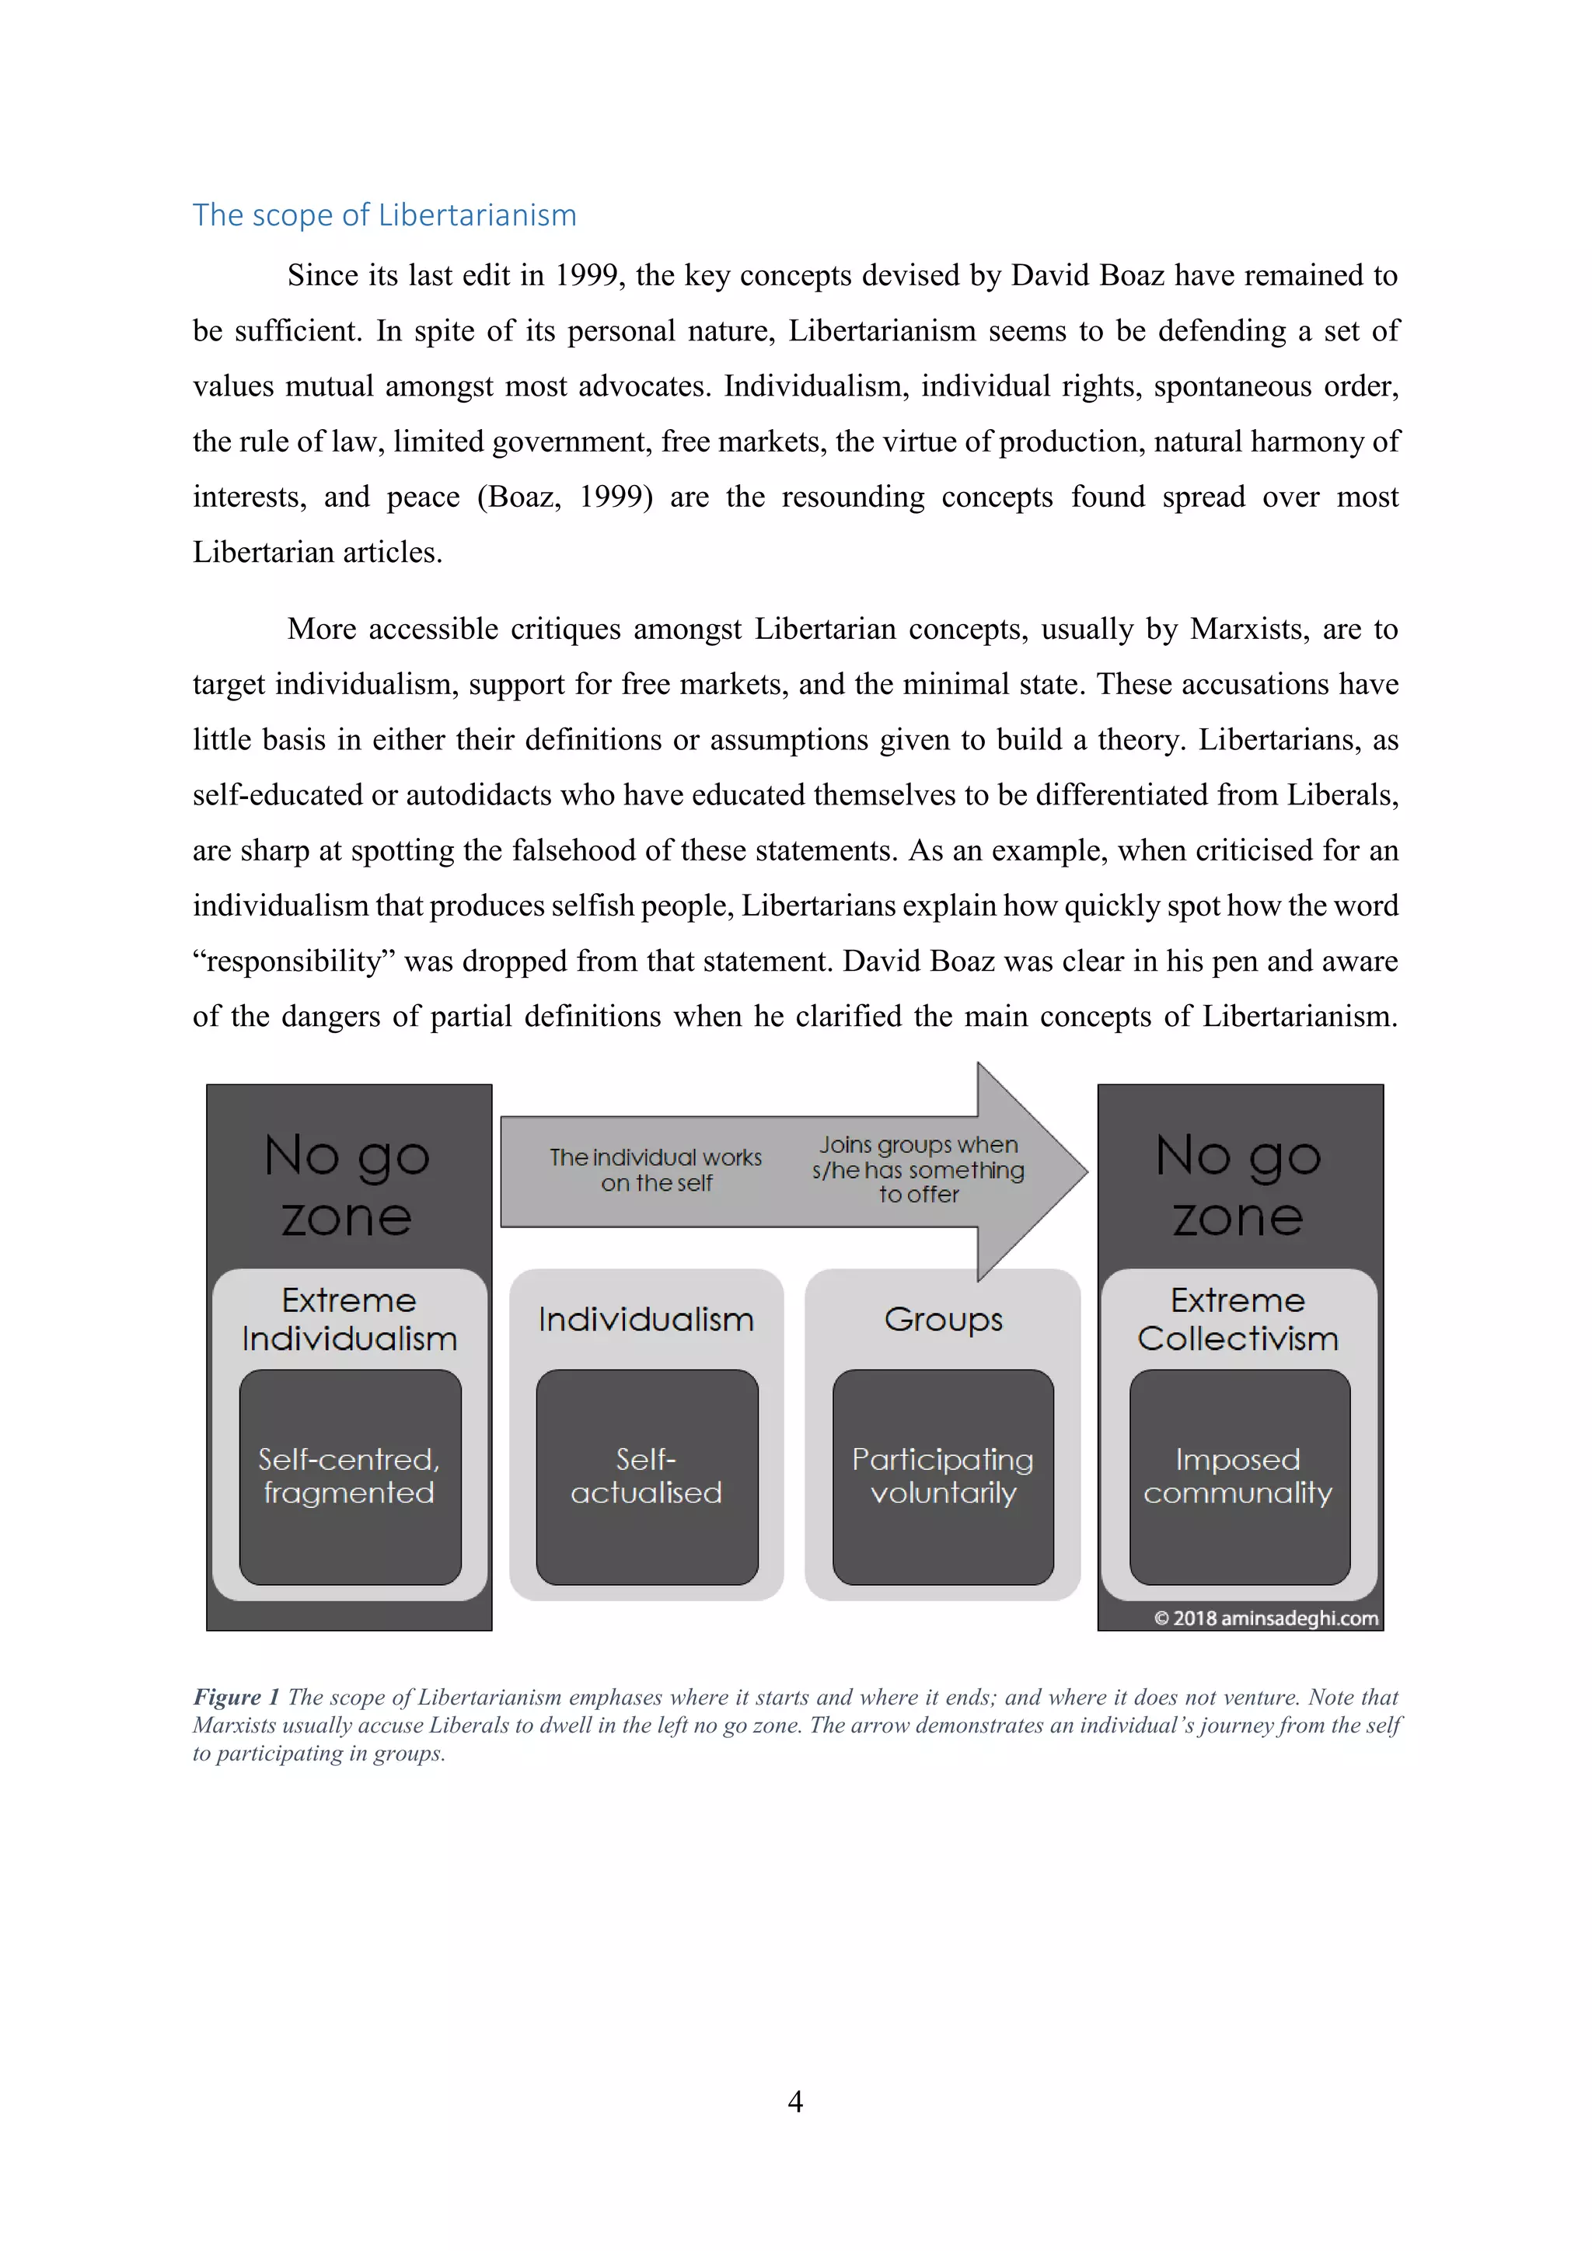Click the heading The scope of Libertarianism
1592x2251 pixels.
pyautogui.click(x=384, y=215)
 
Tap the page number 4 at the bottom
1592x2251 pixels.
pyautogui.click(x=795, y=2100)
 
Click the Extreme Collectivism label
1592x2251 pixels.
pyautogui.click(x=1238, y=1320)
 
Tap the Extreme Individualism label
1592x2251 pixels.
pyautogui.click(x=349, y=1320)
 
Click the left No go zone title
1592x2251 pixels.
pyautogui.click(x=347, y=1185)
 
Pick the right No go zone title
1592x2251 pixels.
pyautogui.click(x=1238, y=1185)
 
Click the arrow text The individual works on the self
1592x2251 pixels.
pyautogui.click(x=656, y=1170)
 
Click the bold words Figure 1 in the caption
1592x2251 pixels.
pyautogui.click(x=236, y=1697)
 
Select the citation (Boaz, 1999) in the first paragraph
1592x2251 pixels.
pyautogui.click(x=564, y=497)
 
